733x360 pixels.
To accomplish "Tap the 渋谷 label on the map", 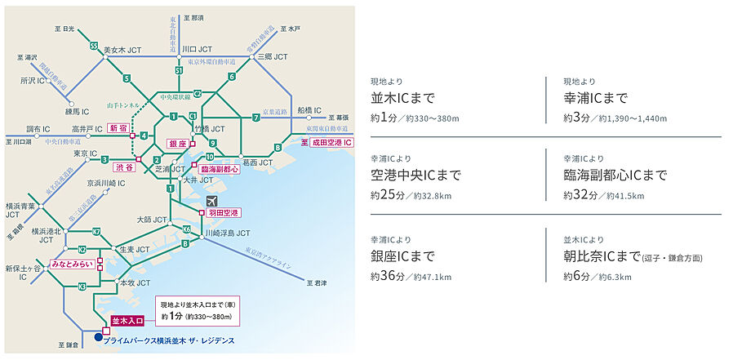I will (124, 167).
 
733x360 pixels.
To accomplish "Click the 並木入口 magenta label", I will (127, 321).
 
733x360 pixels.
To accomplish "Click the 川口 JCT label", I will (199, 50).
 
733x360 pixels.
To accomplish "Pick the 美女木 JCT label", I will (123, 51).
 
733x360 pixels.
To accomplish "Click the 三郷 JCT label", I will (273, 57).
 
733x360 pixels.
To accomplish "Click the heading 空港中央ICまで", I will (415, 176).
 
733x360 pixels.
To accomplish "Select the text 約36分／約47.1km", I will (411, 277).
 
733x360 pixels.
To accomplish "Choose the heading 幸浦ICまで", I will (595, 99).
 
